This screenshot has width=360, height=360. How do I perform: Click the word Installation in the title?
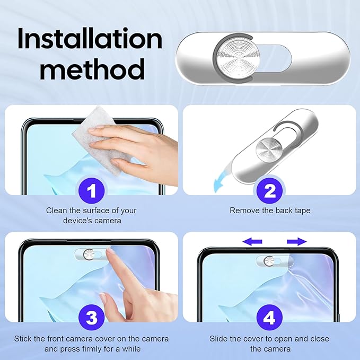(90, 38)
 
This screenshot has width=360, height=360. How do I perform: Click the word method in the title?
(92, 69)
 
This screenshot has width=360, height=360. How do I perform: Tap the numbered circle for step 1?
(92, 190)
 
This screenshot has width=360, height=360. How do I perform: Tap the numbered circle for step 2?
(269, 190)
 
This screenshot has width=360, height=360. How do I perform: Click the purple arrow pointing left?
(252, 242)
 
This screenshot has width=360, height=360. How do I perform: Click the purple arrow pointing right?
(297, 242)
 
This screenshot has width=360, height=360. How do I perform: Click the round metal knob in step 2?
(269, 149)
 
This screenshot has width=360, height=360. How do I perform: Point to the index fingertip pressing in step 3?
(110, 252)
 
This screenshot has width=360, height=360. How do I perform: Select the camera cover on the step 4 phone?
(275, 261)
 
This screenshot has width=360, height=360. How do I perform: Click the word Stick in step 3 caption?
(23, 339)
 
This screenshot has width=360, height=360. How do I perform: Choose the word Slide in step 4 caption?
(218, 339)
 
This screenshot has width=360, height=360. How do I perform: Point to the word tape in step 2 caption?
(302, 211)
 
